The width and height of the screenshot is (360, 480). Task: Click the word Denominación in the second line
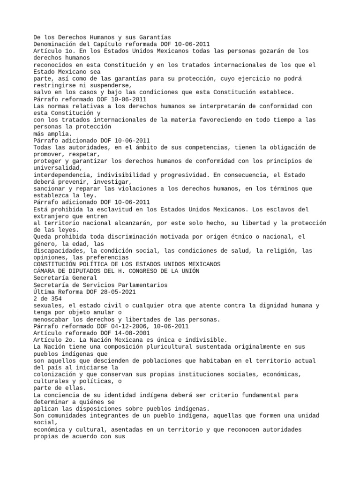coord(55,44)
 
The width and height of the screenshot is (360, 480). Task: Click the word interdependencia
coord(61,175)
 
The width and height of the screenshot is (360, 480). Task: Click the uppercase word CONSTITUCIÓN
coord(55,264)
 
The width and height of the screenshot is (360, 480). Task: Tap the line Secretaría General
coord(65,278)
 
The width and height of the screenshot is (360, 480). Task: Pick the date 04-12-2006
coord(128,326)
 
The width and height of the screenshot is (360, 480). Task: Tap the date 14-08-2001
coord(133,333)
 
